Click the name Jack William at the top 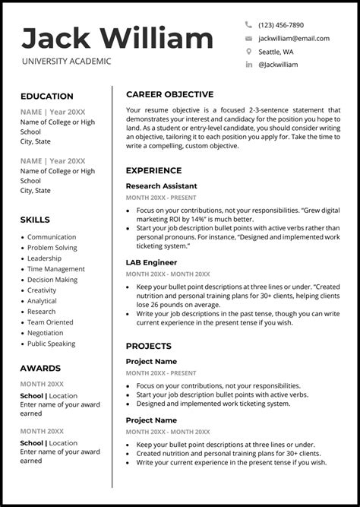point(118,38)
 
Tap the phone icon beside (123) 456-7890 point(248,25)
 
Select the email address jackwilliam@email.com point(293,38)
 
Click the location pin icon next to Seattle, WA point(248,52)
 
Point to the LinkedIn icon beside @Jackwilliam point(248,65)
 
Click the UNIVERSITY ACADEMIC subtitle point(66,62)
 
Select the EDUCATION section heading point(47,97)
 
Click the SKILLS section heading point(35,220)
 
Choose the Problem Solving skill point(52,248)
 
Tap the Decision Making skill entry point(52,280)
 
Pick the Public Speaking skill point(52,344)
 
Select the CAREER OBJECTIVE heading point(169,94)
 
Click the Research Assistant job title point(161,186)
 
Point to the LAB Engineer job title point(151,262)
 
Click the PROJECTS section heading point(149,346)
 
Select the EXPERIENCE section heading point(153,170)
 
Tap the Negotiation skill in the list point(46,333)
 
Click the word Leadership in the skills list point(45,258)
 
